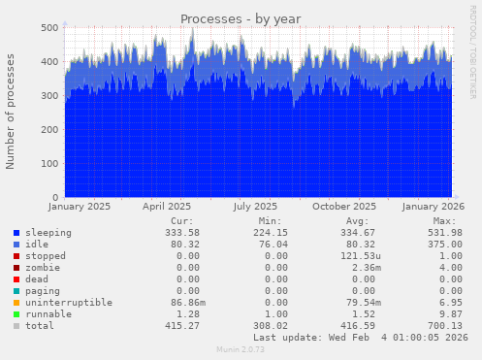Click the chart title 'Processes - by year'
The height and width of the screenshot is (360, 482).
tap(241, 18)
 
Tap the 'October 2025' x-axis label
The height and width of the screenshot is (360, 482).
tap(349, 207)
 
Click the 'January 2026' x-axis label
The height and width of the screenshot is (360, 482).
tap(428, 207)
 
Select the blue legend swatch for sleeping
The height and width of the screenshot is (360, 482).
tap(17, 233)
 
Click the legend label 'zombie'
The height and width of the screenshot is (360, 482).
tap(44, 268)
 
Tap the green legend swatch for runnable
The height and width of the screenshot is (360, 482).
tap(17, 314)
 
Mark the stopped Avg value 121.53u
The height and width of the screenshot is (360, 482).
tap(353, 256)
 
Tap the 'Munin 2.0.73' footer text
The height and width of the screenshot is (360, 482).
tap(241, 350)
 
